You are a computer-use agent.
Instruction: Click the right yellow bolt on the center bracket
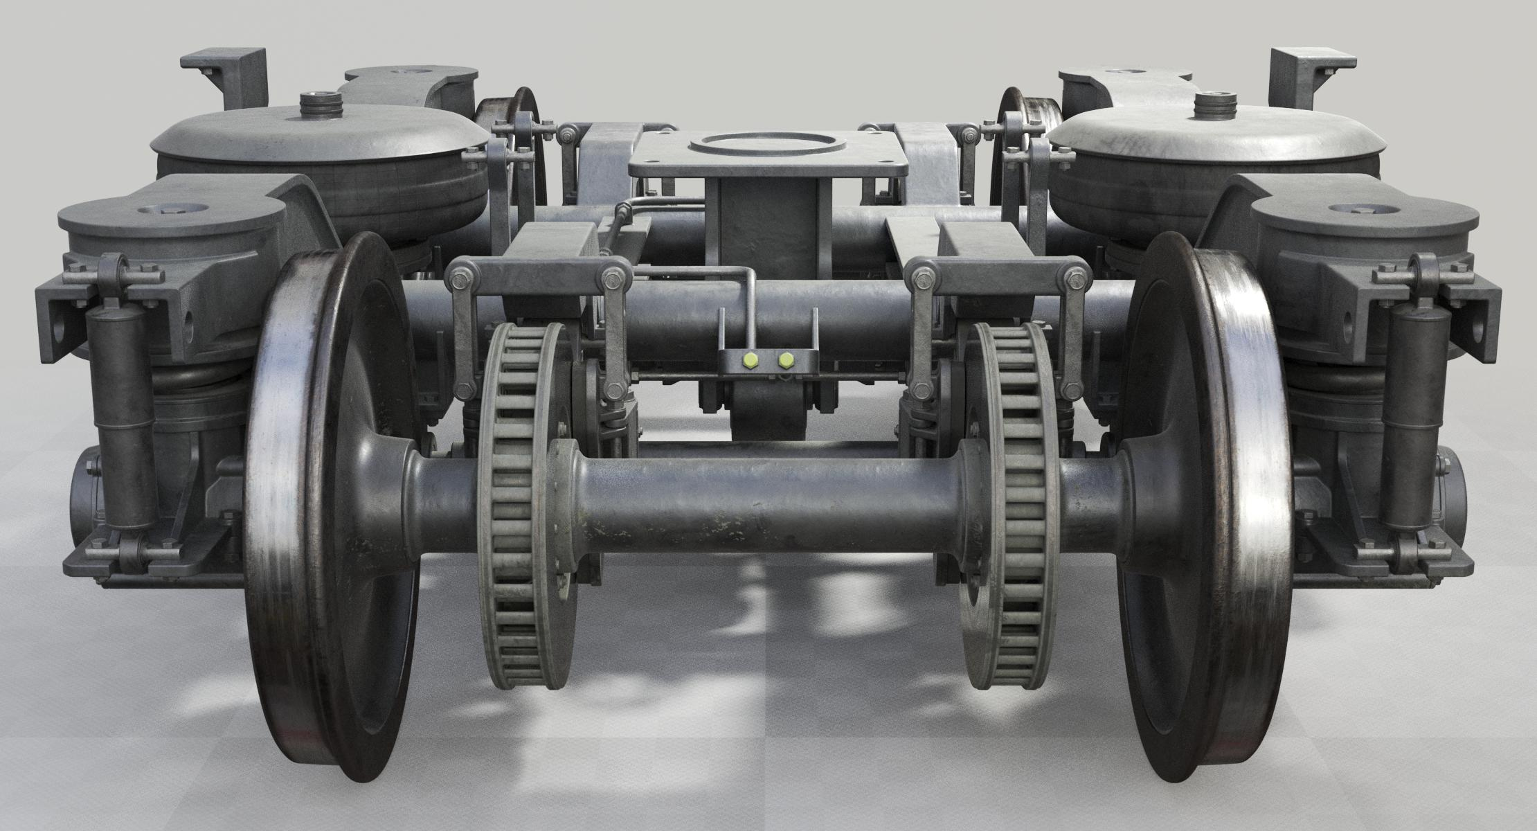click(x=786, y=360)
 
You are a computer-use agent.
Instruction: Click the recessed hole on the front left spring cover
click(x=171, y=209)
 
